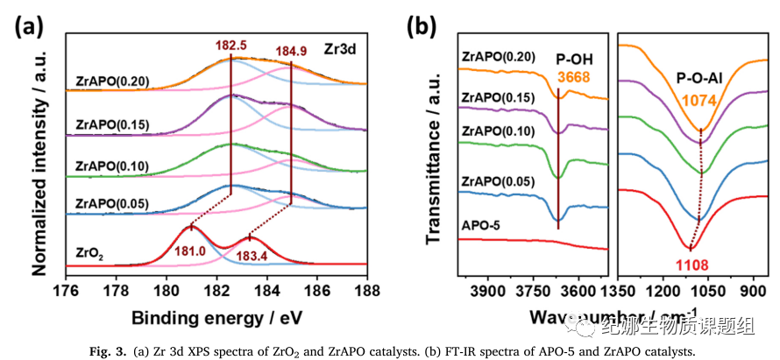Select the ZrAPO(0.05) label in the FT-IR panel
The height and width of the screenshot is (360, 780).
click(501, 182)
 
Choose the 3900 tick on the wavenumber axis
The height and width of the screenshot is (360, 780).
click(487, 289)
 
